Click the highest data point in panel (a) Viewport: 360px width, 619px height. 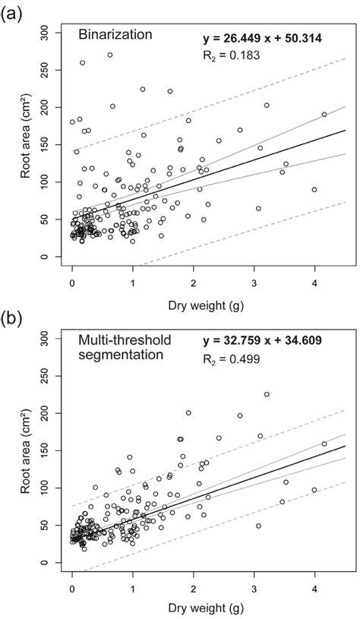(x=110, y=55)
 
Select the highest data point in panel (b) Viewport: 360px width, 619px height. (x=267, y=394)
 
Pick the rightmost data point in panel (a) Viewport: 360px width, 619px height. (x=324, y=115)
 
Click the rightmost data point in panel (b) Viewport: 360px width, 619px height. (x=324, y=444)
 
